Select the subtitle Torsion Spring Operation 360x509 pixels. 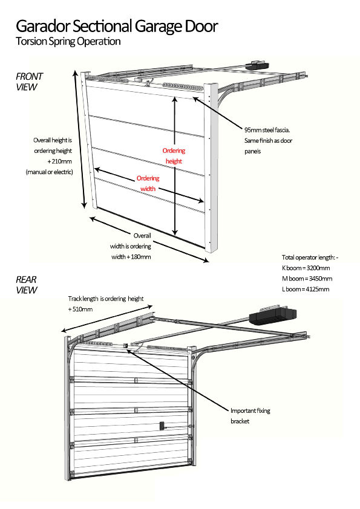(68, 42)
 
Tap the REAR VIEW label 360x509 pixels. (27, 285)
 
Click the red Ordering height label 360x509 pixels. (174, 156)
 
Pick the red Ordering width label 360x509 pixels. (148, 183)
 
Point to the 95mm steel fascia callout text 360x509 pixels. (271, 130)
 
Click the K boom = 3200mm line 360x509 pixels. (306, 267)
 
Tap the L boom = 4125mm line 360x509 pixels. (306, 289)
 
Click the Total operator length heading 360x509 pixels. (310, 257)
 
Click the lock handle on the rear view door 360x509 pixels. (162, 426)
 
